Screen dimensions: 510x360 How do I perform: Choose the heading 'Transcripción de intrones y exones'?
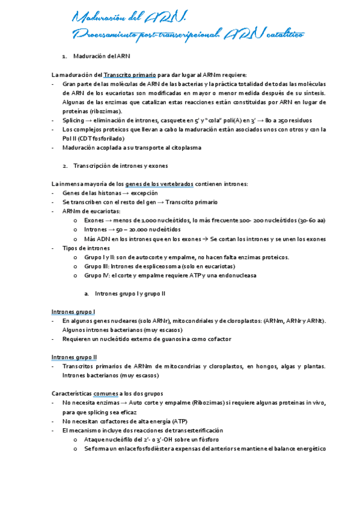(x=120, y=165)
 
